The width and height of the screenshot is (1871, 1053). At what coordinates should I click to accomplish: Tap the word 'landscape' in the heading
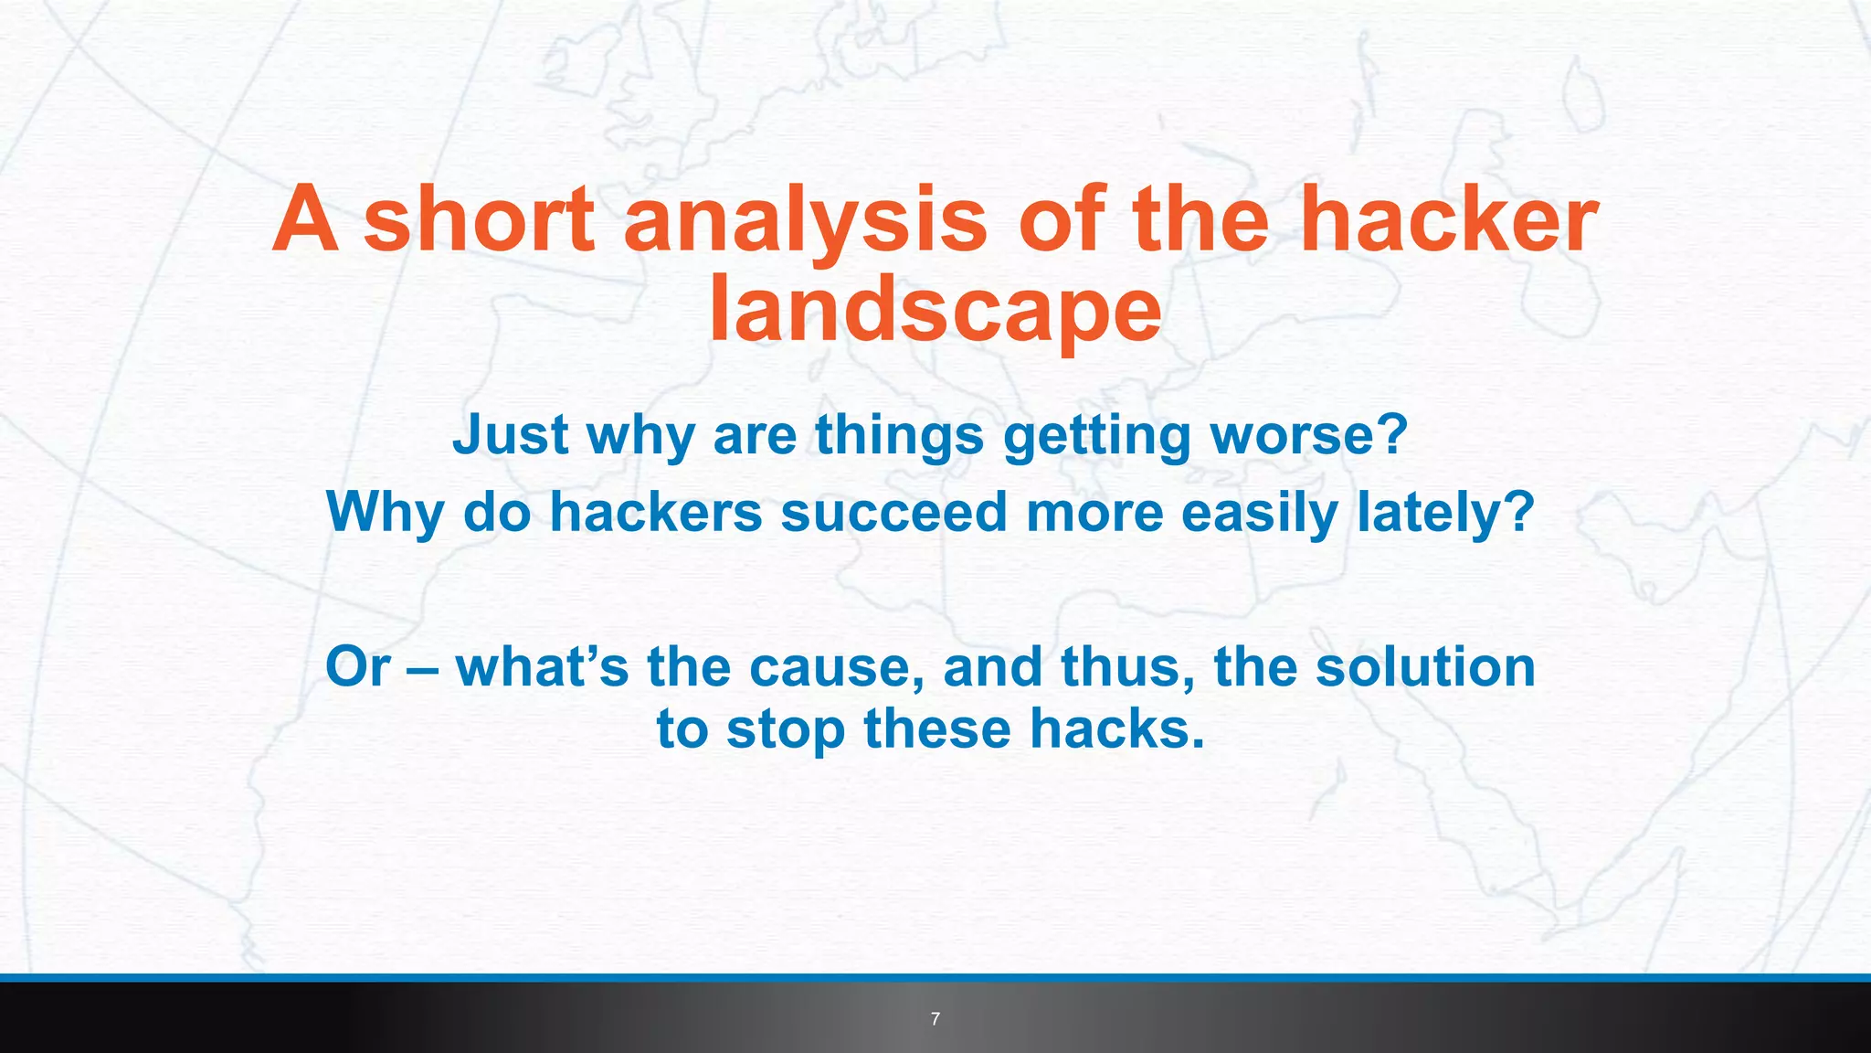[935, 311]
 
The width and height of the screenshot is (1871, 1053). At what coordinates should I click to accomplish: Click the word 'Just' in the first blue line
[511, 435]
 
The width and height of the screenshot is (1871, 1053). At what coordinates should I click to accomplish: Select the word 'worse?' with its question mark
[1308, 435]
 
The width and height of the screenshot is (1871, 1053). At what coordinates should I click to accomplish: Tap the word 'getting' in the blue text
[1097, 435]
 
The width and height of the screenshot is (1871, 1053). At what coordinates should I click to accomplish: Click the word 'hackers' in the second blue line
[656, 512]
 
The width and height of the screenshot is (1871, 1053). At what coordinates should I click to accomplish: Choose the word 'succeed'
[893, 512]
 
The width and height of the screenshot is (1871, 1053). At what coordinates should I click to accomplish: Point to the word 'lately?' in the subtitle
[1445, 512]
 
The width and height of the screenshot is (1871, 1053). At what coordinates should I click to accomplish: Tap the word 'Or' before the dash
[357, 667]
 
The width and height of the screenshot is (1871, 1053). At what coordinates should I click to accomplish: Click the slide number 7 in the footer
[935, 1019]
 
